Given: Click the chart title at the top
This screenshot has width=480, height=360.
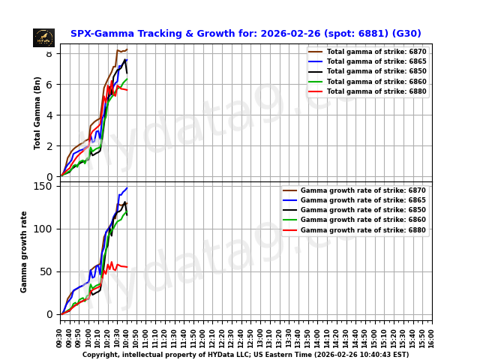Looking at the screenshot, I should (x=245, y=34).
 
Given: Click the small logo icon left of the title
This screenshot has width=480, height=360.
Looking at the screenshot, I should (x=43, y=37).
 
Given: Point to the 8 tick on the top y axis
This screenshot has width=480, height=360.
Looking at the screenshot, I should (x=49, y=53).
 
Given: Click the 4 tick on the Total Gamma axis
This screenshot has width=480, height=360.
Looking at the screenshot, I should (x=49, y=115).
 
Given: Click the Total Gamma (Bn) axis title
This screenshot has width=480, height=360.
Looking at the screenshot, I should (x=37, y=112).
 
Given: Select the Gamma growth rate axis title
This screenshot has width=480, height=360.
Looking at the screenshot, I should (x=24, y=251).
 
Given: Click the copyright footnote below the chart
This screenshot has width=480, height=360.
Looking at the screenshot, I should (x=245, y=355).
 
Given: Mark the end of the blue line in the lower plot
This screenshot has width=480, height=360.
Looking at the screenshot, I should (x=127, y=188).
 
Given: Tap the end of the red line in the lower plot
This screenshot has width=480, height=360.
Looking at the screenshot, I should (x=127, y=267).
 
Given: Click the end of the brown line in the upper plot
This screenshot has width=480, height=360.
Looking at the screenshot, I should (x=127, y=49).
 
